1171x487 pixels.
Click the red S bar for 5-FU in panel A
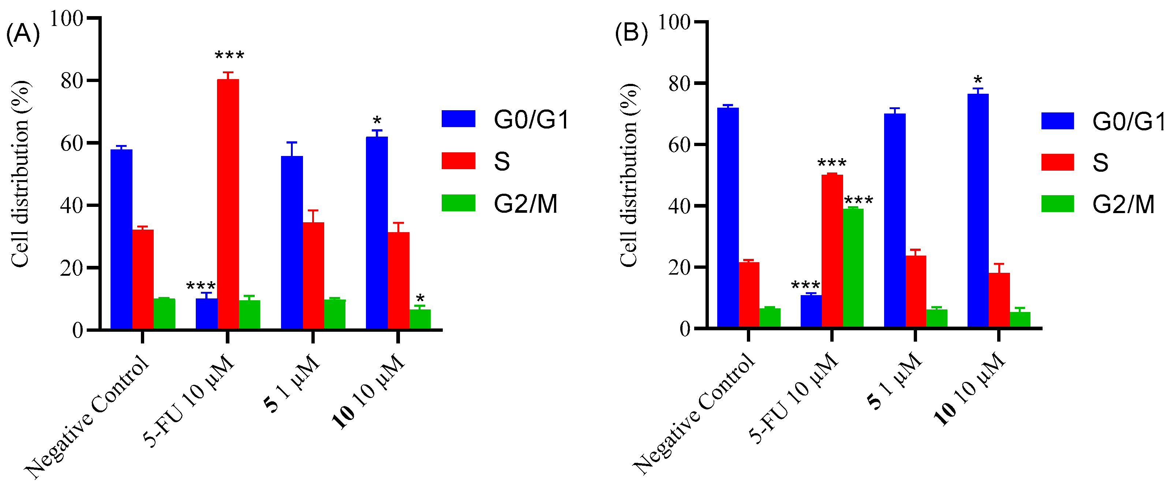228,205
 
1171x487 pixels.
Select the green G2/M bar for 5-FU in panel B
853,268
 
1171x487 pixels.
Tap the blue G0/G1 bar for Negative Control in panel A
121,239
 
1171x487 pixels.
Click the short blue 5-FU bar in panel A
206,313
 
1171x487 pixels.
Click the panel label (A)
23,34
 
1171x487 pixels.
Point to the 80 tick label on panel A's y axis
72,81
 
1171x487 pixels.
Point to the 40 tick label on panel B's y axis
680,206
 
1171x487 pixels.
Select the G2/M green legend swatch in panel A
458,203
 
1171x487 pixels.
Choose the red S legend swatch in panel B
1057,162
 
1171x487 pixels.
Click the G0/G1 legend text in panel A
531,120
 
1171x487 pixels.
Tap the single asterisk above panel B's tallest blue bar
978,81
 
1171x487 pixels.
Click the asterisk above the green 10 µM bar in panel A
420,299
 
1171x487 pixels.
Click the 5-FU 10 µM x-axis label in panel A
189,400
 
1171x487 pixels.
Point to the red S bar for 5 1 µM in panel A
313,275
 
